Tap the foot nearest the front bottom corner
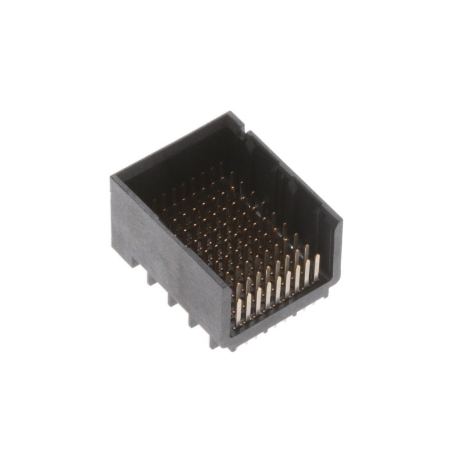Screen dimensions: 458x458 214,341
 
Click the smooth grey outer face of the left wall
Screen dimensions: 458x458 166,246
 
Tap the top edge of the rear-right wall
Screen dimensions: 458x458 292,172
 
